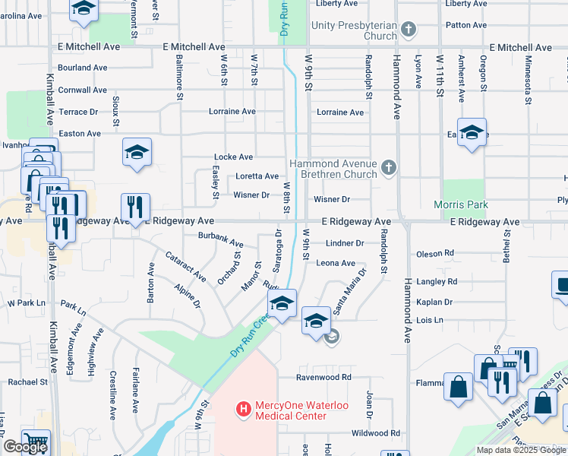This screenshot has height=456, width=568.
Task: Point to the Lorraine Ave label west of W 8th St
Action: (232, 112)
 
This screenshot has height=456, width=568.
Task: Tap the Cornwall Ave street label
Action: (82, 90)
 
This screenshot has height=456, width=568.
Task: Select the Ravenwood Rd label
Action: (325, 377)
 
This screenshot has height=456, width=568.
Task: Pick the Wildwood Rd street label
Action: (375, 433)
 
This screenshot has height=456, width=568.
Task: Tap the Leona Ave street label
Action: (336, 263)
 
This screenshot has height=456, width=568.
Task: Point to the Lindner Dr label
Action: (345, 243)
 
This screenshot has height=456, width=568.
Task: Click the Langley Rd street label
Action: (437, 281)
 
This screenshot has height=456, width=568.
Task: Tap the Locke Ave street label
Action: (233, 157)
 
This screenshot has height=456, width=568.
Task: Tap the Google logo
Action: (24, 447)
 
